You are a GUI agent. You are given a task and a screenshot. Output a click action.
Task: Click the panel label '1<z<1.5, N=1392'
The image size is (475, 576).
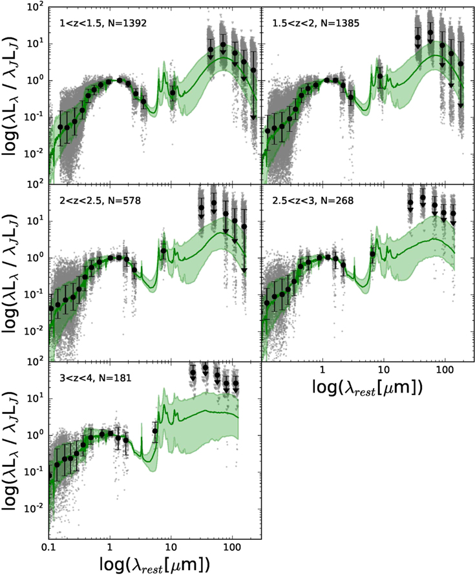click(103, 23)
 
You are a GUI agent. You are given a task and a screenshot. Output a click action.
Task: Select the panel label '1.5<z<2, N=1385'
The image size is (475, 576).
click(316, 23)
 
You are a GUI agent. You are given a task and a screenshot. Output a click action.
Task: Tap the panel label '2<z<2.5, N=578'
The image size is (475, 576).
click(100, 201)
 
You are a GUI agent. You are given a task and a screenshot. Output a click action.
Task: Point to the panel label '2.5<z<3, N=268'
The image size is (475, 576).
click(313, 201)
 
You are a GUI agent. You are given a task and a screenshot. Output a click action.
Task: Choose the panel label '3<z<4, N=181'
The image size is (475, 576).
click(95, 378)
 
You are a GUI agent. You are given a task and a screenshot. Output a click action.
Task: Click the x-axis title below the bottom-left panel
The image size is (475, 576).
click(155, 564)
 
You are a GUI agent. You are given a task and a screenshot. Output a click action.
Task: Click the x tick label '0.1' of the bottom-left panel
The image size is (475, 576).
click(49, 548)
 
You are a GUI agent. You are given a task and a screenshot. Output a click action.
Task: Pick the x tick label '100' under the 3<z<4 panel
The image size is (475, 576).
click(233, 548)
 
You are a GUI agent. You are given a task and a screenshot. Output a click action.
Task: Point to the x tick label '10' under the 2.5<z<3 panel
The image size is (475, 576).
click(384, 370)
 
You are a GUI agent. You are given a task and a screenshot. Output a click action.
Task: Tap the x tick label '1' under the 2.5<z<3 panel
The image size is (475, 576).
click(322, 370)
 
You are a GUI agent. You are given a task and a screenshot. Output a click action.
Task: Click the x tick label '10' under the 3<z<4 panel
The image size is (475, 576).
click(171, 548)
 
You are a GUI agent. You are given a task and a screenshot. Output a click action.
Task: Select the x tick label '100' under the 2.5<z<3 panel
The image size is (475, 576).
click(445, 370)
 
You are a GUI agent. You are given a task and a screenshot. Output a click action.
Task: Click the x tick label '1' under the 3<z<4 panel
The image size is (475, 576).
click(110, 548)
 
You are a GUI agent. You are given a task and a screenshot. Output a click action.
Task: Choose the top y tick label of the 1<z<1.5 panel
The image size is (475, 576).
click(36, 7)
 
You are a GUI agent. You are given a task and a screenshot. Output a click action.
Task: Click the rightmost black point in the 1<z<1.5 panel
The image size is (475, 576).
click(253, 70)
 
